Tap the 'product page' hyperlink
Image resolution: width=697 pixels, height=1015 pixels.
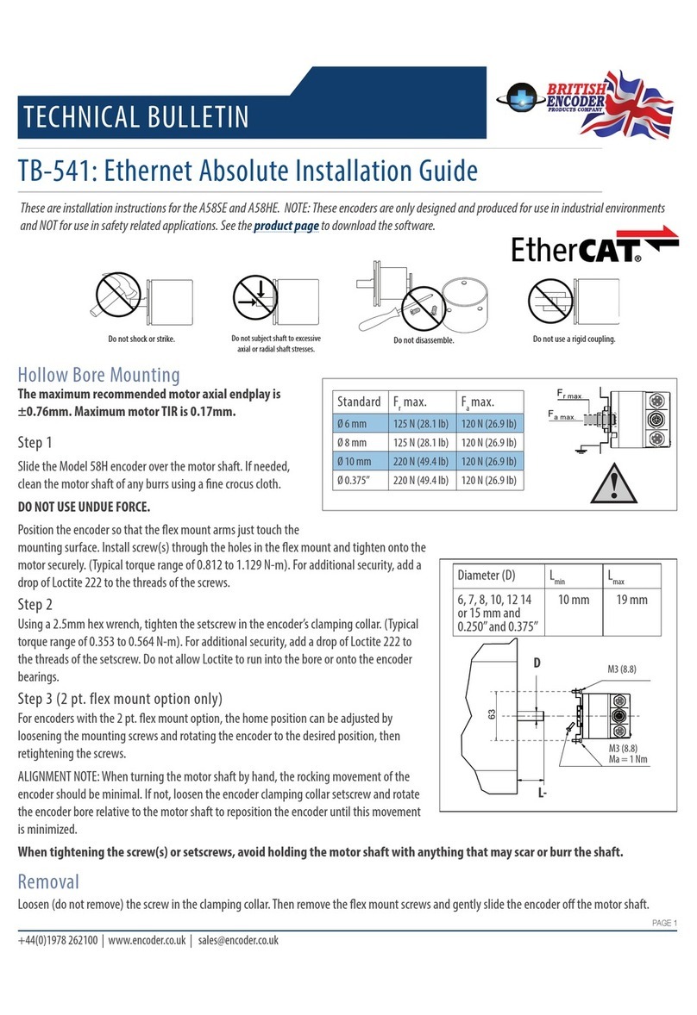click(x=286, y=226)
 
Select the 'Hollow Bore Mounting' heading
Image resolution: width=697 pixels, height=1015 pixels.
click(x=99, y=375)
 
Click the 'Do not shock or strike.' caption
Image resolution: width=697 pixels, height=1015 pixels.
click(x=141, y=339)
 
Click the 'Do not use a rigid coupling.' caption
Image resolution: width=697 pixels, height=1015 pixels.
click(x=574, y=339)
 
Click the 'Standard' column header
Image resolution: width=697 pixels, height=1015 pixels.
click(x=359, y=402)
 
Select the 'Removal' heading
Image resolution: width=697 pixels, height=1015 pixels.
click(x=48, y=881)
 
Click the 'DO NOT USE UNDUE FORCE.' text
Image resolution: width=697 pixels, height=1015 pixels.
click(x=81, y=507)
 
